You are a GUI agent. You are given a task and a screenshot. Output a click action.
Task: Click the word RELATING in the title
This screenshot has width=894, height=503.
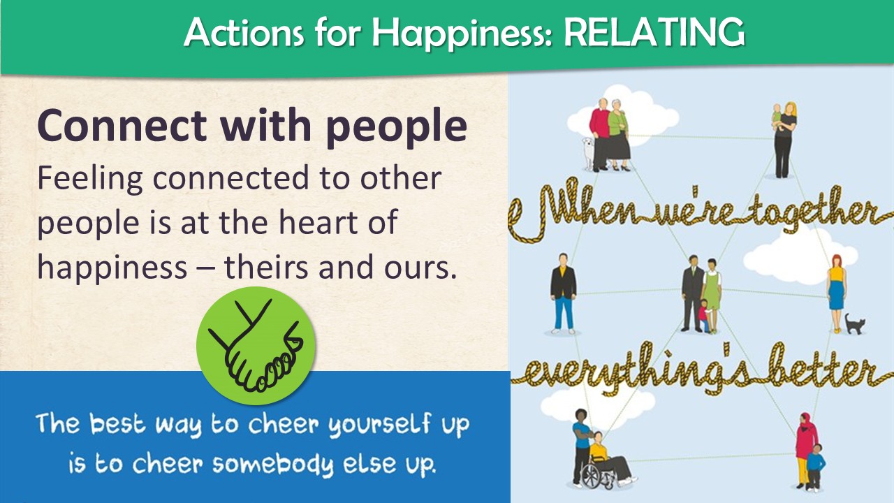(x=654, y=32)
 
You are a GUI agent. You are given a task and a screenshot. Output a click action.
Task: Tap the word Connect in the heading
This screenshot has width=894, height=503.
(x=122, y=126)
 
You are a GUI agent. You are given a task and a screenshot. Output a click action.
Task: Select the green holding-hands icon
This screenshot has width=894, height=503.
(x=256, y=346)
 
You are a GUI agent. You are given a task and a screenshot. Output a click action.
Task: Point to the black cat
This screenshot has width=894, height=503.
(x=854, y=323)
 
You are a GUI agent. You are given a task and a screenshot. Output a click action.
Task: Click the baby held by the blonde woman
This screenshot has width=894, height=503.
(x=776, y=117)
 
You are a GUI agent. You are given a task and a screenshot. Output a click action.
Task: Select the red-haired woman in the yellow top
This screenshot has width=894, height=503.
(x=837, y=294)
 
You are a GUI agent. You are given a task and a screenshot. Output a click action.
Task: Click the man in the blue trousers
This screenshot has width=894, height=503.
(x=563, y=293)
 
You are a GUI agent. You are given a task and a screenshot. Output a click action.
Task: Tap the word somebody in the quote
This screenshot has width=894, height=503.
(x=272, y=465)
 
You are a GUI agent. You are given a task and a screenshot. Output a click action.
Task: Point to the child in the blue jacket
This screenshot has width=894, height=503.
(x=816, y=466)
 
